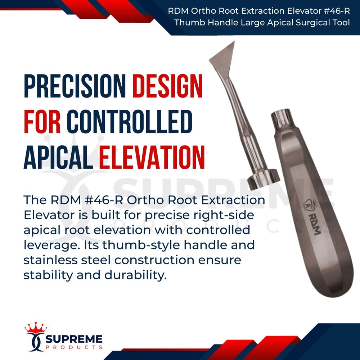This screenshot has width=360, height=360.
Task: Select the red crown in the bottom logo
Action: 36,328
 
